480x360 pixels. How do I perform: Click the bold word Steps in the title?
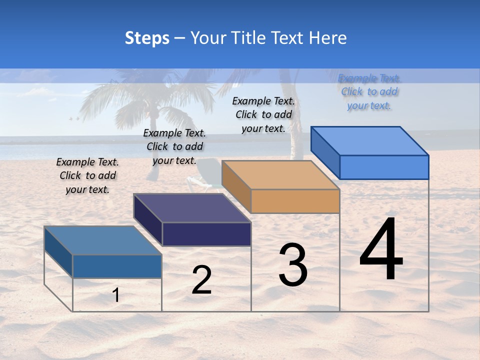coord(147,38)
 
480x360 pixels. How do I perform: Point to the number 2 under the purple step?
coord(201,280)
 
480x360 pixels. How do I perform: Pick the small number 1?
coord(116,295)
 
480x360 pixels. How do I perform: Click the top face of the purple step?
coord(192,208)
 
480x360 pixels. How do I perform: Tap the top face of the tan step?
coord(280,175)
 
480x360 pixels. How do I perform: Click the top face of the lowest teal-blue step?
coord(103,240)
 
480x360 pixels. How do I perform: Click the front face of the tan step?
coord(295,201)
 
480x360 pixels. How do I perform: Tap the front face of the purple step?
coord(206,234)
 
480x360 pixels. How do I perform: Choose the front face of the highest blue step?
coord(384,167)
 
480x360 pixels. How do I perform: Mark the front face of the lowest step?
coord(117,266)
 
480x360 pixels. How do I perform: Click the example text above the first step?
coord(87,175)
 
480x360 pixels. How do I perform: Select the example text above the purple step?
coord(174,146)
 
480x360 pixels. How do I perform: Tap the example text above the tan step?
coord(263,114)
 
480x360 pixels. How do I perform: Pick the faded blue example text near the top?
coord(369,91)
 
